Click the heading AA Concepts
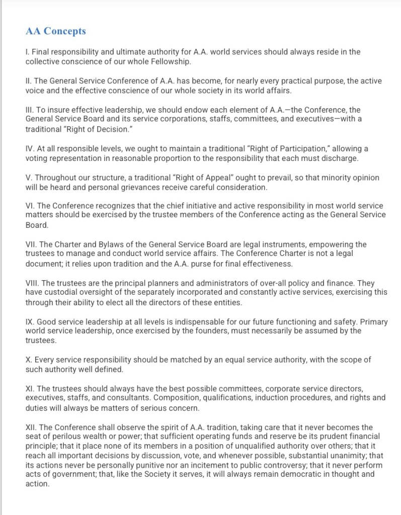pos(56,31)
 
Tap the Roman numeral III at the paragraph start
pos(29,110)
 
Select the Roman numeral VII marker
pos(30,244)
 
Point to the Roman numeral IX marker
pos(29,322)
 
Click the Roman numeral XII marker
pos(30,427)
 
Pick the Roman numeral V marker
pos(28,178)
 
